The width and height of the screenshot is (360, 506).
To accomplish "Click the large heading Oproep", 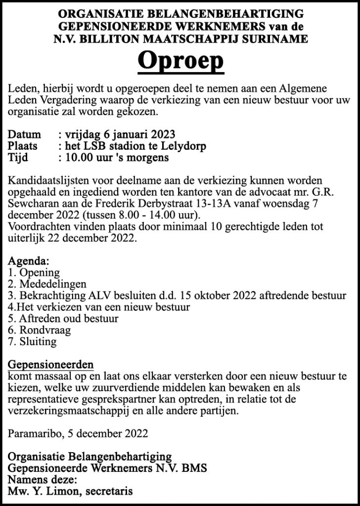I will [180, 61].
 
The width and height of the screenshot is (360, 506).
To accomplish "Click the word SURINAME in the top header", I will [278, 39].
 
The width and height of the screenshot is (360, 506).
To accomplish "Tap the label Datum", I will [25, 134].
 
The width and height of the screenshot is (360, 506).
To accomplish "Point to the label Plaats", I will [26, 146].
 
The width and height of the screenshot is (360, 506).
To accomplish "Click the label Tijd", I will [19, 158].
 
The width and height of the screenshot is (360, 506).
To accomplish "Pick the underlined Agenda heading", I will [29, 261].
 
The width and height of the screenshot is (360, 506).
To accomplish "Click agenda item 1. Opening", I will [34, 273].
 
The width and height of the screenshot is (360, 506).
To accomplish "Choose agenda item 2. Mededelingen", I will [47, 284].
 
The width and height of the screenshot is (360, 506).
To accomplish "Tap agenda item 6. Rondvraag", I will [40, 330].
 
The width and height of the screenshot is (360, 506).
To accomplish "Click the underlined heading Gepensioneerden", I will [51, 365].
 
